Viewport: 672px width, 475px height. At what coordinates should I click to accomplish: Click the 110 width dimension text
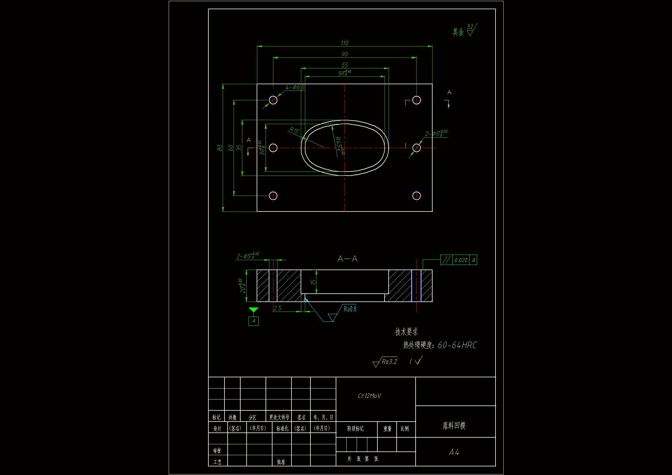point(345,43)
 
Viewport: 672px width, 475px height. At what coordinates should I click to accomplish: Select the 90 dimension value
point(345,54)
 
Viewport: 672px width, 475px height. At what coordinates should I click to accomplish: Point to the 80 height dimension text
point(220,148)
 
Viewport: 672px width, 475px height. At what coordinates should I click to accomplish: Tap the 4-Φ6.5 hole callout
point(295,87)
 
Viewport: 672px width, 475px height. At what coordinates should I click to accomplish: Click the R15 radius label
point(294,130)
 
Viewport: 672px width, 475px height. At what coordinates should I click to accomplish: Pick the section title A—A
point(347,259)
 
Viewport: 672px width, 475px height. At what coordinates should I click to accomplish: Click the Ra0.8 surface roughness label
point(350,309)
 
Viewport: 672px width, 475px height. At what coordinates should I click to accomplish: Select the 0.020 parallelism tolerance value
point(461,260)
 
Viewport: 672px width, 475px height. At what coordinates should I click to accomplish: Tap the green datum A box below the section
point(254,321)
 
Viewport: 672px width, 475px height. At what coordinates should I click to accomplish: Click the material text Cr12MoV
point(369,396)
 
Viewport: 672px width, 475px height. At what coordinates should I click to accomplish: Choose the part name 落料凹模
point(454,426)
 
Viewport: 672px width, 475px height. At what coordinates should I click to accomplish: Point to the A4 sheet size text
point(454,453)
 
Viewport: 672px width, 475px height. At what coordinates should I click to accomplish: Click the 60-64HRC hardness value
point(457,345)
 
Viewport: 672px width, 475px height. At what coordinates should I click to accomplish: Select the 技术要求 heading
point(406,332)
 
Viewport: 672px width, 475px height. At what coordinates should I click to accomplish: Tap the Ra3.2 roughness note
point(389,362)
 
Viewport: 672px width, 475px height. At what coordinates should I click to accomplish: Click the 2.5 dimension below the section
point(277,308)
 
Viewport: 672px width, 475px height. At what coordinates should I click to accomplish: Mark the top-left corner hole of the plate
point(273,100)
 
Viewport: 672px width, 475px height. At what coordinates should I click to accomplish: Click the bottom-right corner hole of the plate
point(416,195)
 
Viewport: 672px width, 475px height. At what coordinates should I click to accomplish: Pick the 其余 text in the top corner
point(458,32)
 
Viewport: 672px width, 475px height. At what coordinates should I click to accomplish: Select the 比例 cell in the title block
point(405,429)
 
